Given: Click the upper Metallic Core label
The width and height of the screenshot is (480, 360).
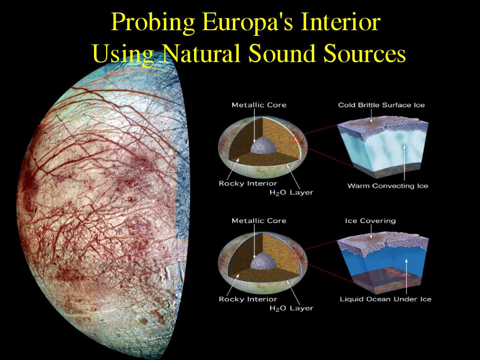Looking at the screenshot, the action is pyautogui.click(x=259, y=105).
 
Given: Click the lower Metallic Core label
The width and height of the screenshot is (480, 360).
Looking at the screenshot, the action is pyautogui.click(x=259, y=221).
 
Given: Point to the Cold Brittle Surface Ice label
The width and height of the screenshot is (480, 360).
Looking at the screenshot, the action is pyautogui.click(x=381, y=105).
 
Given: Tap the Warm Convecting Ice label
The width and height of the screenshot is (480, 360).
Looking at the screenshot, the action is pyautogui.click(x=388, y=186).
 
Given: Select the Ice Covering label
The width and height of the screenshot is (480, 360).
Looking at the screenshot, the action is pyautogui.click(x=370, y=221).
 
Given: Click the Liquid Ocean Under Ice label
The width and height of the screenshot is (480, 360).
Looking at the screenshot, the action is pyautogui.click(x=386, y=299).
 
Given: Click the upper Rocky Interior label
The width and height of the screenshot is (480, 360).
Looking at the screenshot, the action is pyautogui.click(x=248, y=183).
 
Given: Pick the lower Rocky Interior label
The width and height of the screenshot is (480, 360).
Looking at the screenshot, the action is pyautogui.click(x=248, y=299).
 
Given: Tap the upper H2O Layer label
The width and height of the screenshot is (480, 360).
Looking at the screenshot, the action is pyautogui.click(x=292, y=193).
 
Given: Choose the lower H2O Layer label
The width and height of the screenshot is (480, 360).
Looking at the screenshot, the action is pyautogui.click(x=292, y=308).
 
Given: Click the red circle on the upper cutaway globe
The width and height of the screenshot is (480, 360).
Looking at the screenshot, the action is pyautogui.click(x=296, y=140).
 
